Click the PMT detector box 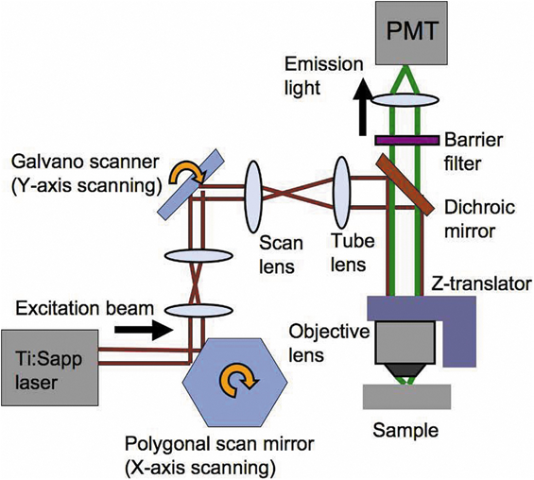412,33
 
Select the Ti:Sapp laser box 50,368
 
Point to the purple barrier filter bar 407,140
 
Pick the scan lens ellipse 253,197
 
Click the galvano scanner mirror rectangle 191,182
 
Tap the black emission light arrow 362,106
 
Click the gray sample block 406,397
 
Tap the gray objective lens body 405,342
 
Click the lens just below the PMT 405,100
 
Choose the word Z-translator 481,283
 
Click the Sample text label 405,431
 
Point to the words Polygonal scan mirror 219,445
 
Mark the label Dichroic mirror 479,219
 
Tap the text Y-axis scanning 87,186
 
